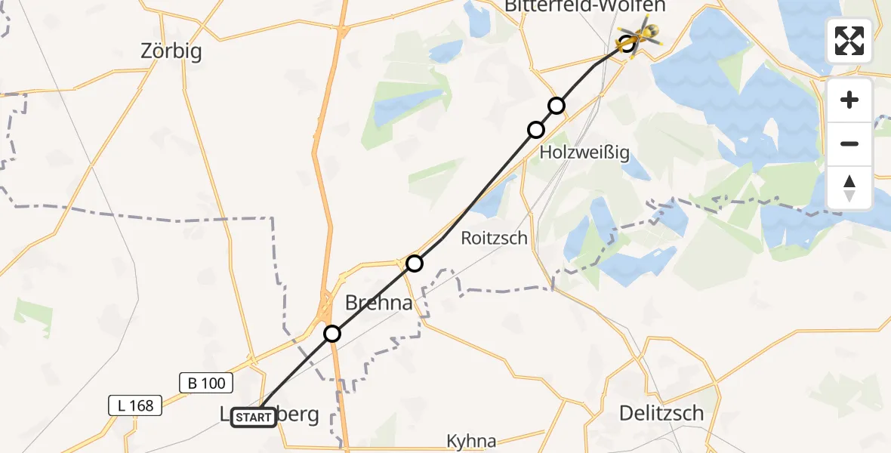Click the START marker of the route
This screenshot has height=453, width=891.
point(254,417)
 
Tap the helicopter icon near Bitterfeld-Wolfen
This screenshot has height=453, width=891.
point(643,33)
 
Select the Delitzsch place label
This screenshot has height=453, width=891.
point(661,413)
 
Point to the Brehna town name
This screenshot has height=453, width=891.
point(379,304)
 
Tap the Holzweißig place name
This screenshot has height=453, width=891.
point(584,153)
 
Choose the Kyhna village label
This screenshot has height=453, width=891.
point(471,441)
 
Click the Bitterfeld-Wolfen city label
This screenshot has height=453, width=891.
point(585,7)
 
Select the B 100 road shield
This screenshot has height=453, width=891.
point(207,383)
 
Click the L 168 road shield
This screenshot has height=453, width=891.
point(136,405)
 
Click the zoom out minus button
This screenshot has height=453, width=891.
point(849,143)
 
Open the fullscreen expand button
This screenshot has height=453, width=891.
point(849,41)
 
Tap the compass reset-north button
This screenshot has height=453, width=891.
point(849,187)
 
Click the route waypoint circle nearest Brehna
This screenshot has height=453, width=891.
point(332,333)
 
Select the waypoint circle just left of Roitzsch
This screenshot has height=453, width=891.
point(415,263)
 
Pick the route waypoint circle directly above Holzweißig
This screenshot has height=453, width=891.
point(536,130)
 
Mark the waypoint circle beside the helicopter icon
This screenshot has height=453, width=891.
point(627,44)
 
